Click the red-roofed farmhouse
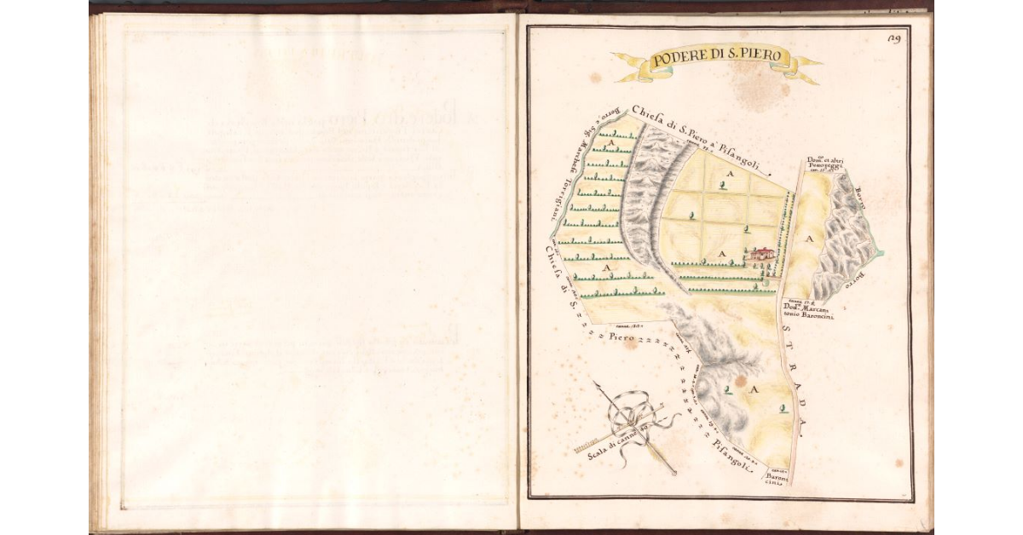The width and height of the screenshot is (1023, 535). click(x=764, y=253)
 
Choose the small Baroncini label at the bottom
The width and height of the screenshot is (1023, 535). click(x=782, y=480)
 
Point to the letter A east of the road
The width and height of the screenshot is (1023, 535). click(x=810, y=240)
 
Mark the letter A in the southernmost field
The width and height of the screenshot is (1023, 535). click(x=754, y=388)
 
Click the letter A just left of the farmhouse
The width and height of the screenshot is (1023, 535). click(x=722, y=254)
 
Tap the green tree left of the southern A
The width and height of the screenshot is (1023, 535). click(x=727, y=390)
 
